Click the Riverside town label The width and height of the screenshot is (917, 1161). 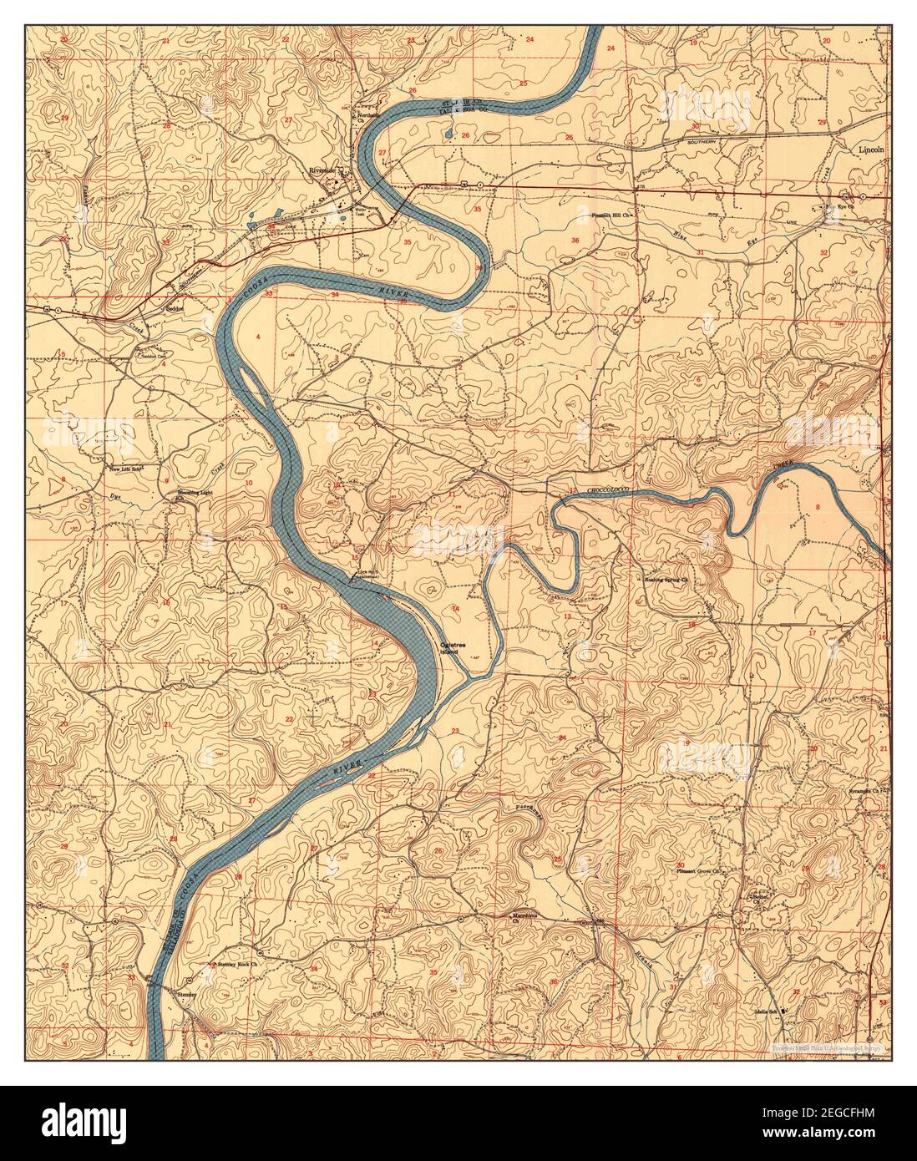321,170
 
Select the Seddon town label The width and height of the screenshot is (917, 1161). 171,307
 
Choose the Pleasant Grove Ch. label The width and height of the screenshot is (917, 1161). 697,872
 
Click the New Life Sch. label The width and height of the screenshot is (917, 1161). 128,469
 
